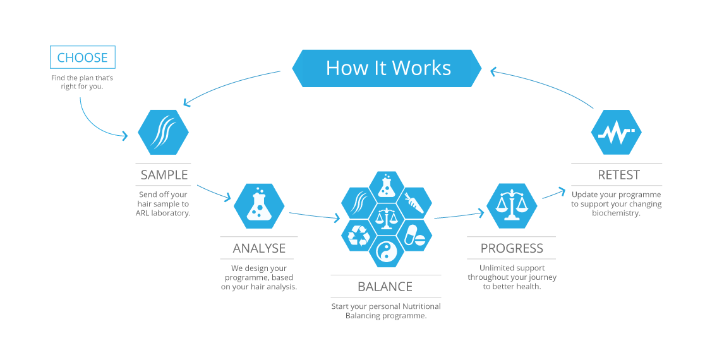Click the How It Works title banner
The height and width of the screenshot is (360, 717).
387,68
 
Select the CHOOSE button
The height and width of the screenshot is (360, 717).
83,57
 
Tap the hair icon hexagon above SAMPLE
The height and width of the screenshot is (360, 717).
164,132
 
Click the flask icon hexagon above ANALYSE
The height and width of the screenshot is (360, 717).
259,205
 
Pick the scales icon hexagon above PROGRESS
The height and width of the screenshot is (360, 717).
512,205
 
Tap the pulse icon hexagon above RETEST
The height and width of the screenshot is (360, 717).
616,133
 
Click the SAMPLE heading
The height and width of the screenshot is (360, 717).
164,175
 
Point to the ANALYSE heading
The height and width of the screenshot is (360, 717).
259,248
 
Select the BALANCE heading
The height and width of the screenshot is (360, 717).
385,287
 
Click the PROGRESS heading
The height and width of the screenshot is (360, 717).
512,248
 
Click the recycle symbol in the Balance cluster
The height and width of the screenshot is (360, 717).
359,235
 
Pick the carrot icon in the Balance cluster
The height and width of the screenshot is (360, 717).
413,203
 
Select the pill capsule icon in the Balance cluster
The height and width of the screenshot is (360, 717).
413,235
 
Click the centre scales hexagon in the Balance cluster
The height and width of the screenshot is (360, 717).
385,219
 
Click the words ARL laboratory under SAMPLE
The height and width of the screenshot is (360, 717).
163,213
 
